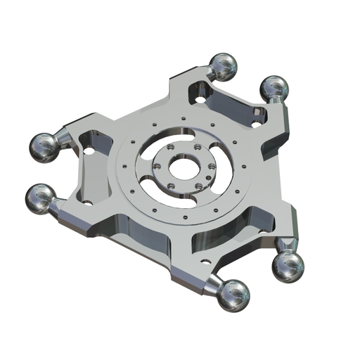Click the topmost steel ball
(x=223, y=66)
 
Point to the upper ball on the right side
(x=274, y=89)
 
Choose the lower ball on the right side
(x=288, y=266)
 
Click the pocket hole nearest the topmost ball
(x=201, y=99)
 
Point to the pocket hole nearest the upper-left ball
(x=89, y=150)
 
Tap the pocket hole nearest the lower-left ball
(x=88, y=202)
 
